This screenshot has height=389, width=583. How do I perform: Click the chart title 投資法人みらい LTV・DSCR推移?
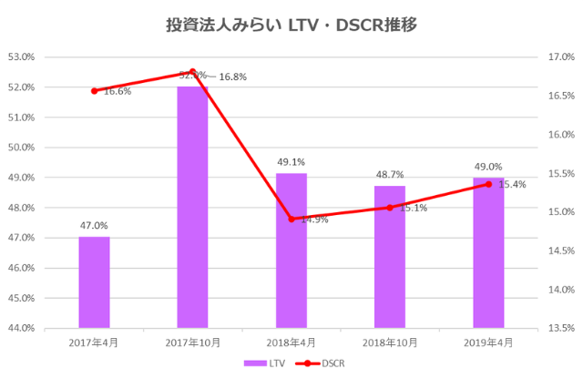pyautogui.click(x=291, y=25)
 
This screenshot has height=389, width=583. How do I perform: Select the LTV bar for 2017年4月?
pyautogui.click(x=94, y=282)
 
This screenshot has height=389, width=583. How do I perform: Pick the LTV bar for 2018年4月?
pyautogui.click(x=291, y=251)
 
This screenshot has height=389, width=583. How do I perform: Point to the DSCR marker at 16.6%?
pyautogui.click(x=94, y=90)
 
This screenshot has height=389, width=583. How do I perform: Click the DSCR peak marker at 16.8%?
pyautogui.click(x=192, y=71)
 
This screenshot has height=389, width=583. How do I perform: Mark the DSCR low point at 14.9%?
pyautogui.click(x=291, y=219)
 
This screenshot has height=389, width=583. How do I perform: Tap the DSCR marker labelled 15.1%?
pyautogui.click(x=390, y=207)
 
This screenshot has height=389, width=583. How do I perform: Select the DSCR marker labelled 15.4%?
pyautogui.click(x=488, y=184)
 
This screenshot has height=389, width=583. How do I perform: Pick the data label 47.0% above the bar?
pyautogui.click(x=94, y=225)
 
